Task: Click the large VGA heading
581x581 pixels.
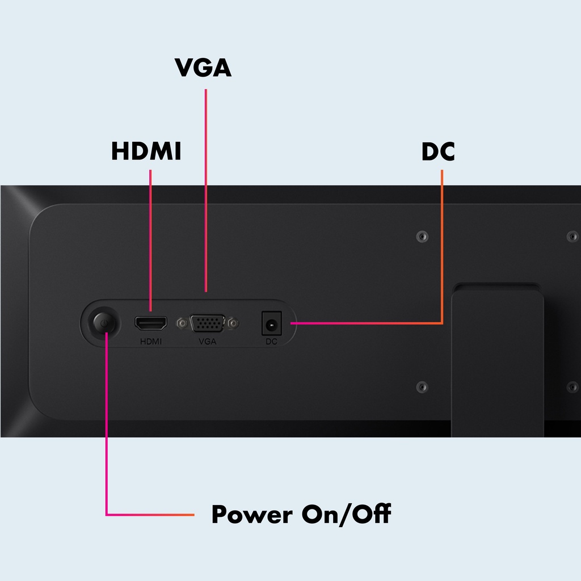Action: tap(203, 68)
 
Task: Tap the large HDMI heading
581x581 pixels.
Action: tap(146, 151)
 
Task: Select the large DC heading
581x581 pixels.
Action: tap(438, 151)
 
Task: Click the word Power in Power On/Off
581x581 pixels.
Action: tap(252, 515)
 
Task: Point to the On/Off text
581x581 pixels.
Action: tap(346, 515)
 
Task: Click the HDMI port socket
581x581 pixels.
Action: tap(150, 323)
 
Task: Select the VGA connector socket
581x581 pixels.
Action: tap(208, 323)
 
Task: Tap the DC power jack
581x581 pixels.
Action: tap(271, 324)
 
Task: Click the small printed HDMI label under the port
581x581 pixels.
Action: tap(150, 342)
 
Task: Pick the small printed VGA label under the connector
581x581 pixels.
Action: tap(208, 342)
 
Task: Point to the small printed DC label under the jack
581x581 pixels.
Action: tap(271, 342)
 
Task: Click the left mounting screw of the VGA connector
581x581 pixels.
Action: tap(182, 323)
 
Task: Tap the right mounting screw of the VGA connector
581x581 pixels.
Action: tap(234, 323)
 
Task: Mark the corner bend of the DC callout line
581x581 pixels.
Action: tap(442, 323)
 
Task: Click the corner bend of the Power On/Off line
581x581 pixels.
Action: tap(107, 515)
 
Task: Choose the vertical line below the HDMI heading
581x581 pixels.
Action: tap(150, 238)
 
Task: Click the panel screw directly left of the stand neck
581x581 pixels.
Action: tap(422, 386)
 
